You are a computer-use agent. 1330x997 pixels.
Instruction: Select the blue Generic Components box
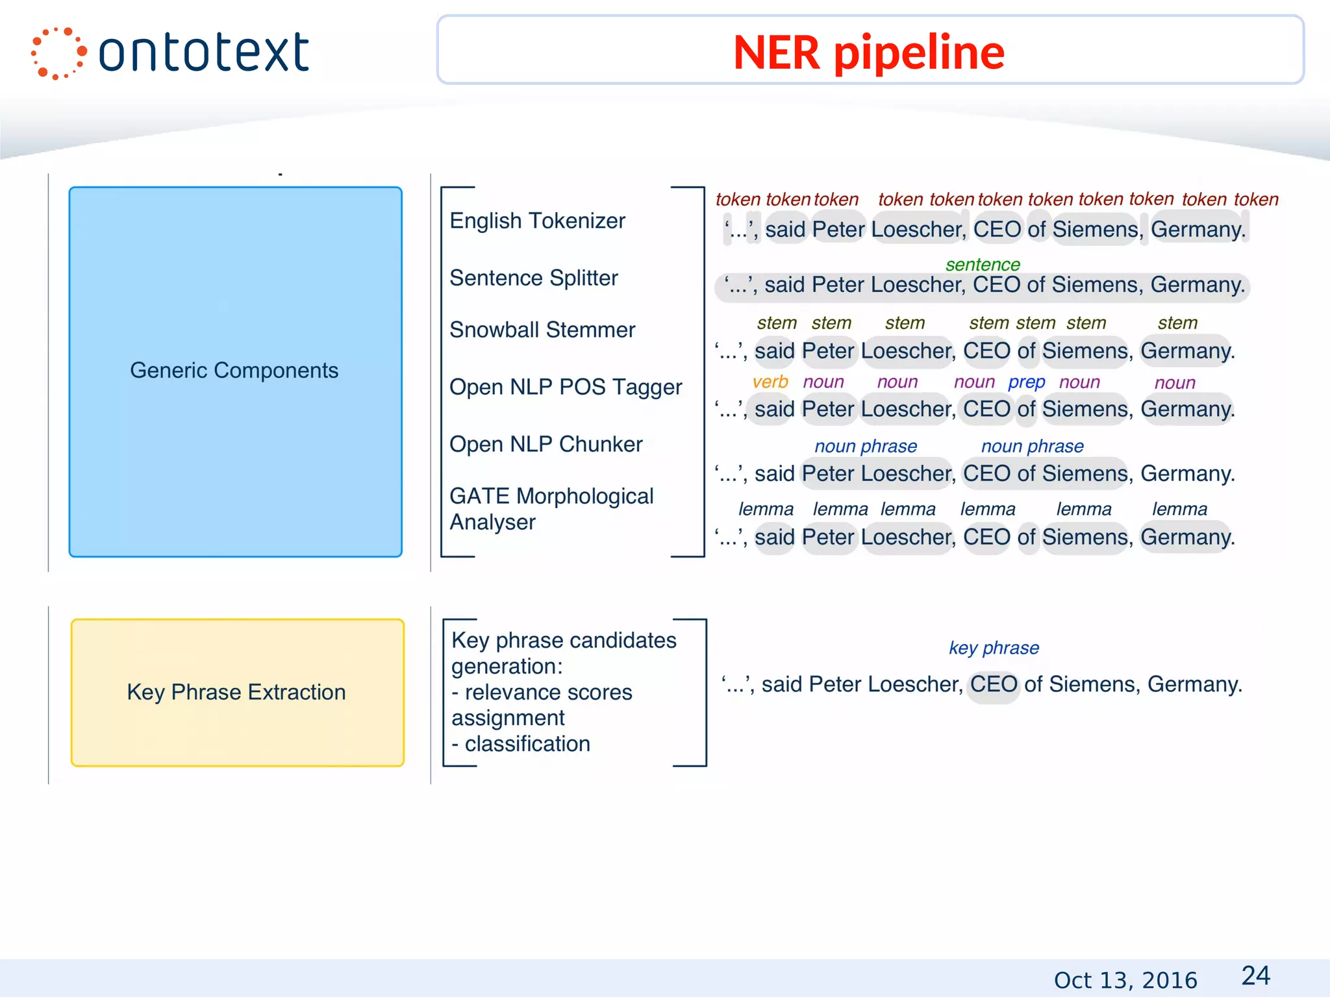(235, 371)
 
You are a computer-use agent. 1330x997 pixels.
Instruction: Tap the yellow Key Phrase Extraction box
(237, 692)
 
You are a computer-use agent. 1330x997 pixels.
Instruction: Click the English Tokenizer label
(537, 221)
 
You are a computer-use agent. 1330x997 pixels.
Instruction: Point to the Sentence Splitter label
(533, 278)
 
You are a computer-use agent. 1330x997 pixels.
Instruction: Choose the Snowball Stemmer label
(542, 330)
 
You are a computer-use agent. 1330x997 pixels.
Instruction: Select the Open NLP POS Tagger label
(566, 387)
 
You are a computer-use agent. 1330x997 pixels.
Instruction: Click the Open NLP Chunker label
(546, 444)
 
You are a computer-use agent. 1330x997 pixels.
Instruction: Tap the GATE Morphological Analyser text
(551, 509)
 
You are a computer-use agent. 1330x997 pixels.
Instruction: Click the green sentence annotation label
(983, 265)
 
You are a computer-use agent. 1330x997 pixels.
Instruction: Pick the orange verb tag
(770, 382)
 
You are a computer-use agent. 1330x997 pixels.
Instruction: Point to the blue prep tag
(1026, 382)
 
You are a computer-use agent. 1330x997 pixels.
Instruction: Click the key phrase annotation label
(994, 648)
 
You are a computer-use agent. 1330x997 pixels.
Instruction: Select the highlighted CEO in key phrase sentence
(994, 685)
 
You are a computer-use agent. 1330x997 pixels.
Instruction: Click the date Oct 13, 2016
(1125, 979)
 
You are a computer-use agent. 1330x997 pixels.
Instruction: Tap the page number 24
(1255, 976)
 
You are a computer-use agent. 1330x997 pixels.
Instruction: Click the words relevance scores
(548, 692)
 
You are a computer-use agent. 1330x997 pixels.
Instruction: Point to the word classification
(527, 744)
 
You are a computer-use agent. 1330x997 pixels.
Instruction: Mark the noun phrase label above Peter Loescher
(866, 447)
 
